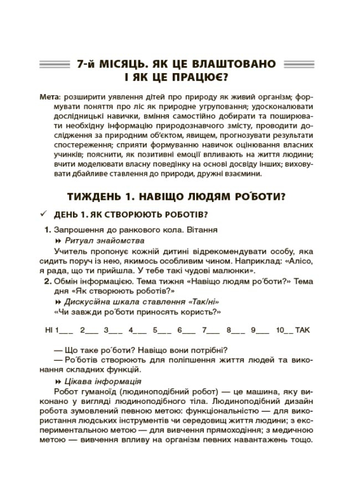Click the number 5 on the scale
[155, 330]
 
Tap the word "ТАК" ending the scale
[303, 330]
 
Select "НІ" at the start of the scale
[49, 330]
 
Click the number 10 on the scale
[280, 330]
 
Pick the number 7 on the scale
[204, 330]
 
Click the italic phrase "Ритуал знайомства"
[104, 241]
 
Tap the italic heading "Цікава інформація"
[103, 381]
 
